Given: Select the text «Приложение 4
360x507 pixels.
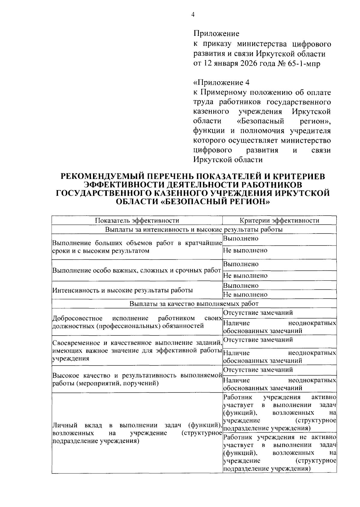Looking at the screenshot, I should (221, 82).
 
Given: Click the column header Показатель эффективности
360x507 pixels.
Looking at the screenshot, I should (137, 221).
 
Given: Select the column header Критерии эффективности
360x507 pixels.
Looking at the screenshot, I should (279, 221).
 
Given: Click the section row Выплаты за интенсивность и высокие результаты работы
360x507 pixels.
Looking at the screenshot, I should (194, 230).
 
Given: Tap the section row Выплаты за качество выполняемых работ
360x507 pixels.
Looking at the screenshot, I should (194, 304).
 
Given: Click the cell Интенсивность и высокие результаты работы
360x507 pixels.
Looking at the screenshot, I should (122, 290).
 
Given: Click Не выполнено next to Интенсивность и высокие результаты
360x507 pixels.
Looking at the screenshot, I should (245, 295).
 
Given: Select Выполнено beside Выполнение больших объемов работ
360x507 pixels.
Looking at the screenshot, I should (241, 239).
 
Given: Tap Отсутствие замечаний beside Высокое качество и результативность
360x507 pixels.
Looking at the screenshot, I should (258, 370).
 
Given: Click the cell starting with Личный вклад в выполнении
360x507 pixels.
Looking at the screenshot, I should (137, 433).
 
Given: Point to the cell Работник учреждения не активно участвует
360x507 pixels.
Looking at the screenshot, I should (279, 453).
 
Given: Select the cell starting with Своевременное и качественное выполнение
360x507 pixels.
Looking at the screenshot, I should (137, 350).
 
